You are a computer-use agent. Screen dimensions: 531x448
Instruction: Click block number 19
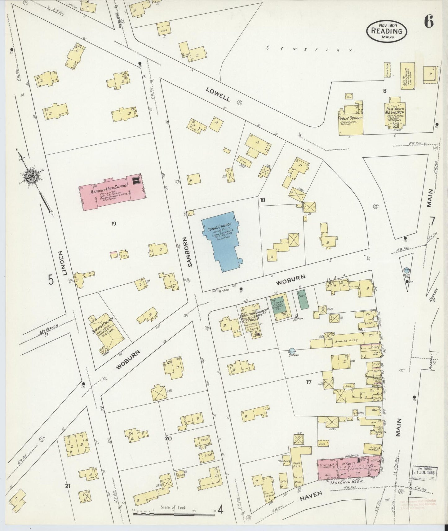point(113,223)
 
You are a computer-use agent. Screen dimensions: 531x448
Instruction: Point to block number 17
point(308,382)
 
